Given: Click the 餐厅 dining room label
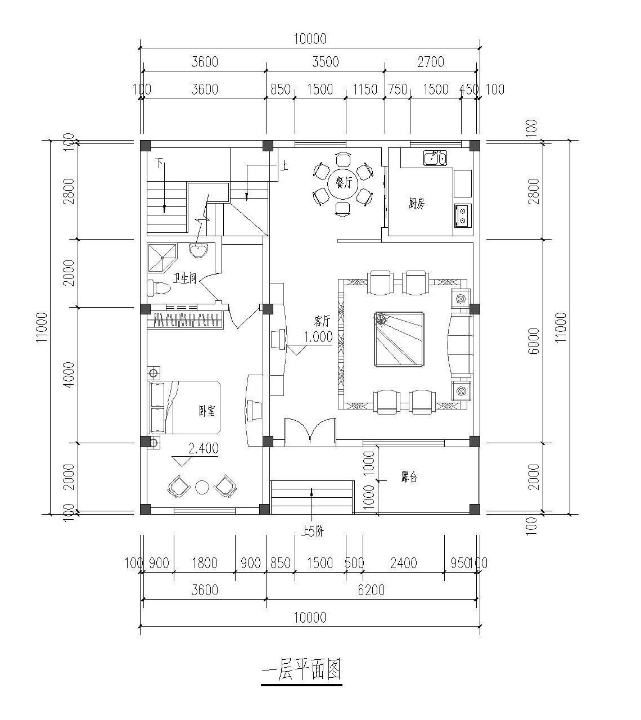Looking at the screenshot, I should (x=342, y=183).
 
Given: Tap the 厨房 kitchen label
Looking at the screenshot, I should (x=416, y=204).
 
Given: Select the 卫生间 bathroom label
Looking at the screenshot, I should (x=185, y=278).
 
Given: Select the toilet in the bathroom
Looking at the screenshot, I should (x=158, y=288).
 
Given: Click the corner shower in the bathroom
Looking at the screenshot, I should (x=161, y=257).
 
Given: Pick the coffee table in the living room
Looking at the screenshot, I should (x=400, y=339).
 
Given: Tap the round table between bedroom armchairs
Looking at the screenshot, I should (x=202, y=487).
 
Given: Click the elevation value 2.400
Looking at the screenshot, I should (x=203, y=449).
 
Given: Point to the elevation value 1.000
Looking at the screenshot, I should (x=318, y=337).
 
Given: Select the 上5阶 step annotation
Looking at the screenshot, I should (x=313, y=531).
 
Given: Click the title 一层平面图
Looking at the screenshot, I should (x=302, y=670).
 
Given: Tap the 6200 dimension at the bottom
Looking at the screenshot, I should (x=371, y=590).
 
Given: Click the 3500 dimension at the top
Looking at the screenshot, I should (x=326, y=62).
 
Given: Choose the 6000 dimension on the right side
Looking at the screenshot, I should (x=534, y=340).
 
